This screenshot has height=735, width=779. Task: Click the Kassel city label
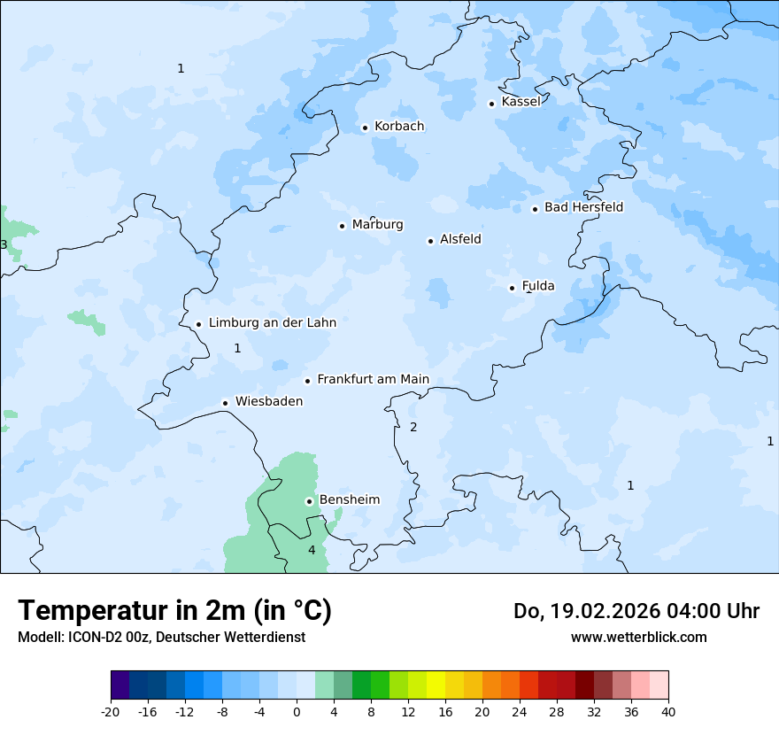pyautogui.click(x=521, y=102)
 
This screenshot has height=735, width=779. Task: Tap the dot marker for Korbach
pyautogui.click(x=365, y=128)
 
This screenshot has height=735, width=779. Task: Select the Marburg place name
pyautogui.click(x=377, y=225)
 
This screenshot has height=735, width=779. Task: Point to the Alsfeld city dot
pyautogui.click(x=430, y=241)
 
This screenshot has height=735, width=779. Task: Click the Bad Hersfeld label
pyautogui.click(x=583, y=207)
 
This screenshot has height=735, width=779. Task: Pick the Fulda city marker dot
pyautogui.click(x=512, y=288)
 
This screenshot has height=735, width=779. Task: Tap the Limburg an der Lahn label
pyautogui.click(x=272, y=323)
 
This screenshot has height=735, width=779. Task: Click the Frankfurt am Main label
pyautogui.click(x=373, y=380)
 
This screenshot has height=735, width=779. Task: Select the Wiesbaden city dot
pyautogui.click(x=226, y=403)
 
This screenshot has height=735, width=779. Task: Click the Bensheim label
pyautogui.click(x=349, y=500)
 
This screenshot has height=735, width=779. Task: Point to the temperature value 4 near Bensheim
pyautogui.click(x=312, y=550)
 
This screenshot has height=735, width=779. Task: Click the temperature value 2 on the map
pyautogui.click(x=413, y=427)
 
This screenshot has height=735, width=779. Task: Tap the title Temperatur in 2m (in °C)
pyautogui.click(x=174, y=611)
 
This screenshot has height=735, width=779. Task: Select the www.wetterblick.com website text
pyautogui.click(x=638, y=638)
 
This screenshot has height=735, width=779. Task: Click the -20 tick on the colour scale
pyautogui.click(x=111, y=712)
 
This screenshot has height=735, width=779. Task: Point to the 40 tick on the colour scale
pyautogui.click(x=668, y=712)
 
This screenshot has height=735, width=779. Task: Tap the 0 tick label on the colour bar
pyautogui.click(x=297, y=712)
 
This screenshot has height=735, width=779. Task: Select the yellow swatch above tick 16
pyautogui.click(x=445, y=685)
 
